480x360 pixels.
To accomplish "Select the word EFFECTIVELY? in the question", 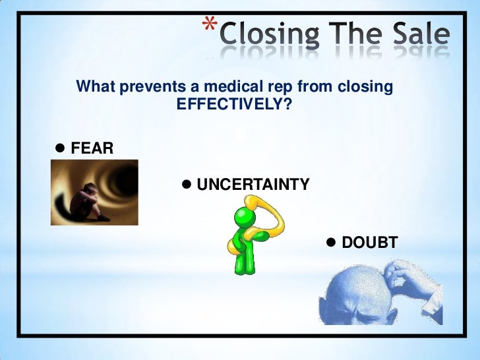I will click(x=234, y=105).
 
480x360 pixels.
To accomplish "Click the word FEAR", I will click(x=92, y=148).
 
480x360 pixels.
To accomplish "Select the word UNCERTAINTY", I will click(x=253, y=185).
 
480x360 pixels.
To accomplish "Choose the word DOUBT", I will click(x=369, y=243).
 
